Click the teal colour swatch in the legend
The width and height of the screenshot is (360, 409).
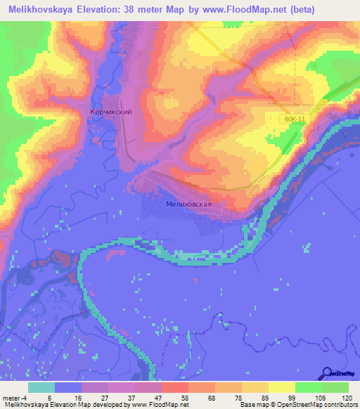[41, 387]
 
